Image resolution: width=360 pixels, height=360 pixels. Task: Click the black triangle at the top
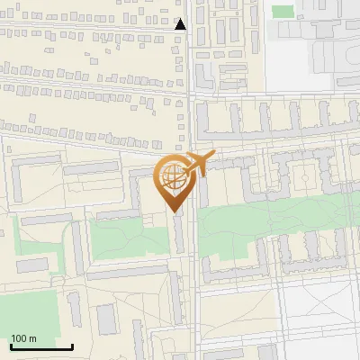click(180, 25)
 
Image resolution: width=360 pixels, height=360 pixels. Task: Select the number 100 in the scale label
click(19, 338)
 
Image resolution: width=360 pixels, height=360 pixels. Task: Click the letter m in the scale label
click(32, 338)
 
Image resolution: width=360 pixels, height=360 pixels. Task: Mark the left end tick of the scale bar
click(10, 346)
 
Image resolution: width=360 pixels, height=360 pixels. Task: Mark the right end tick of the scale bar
click(72, 346)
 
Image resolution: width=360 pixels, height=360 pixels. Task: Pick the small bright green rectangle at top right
click(283, 12)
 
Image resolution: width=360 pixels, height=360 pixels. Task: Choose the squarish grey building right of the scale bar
click(107, 318)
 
